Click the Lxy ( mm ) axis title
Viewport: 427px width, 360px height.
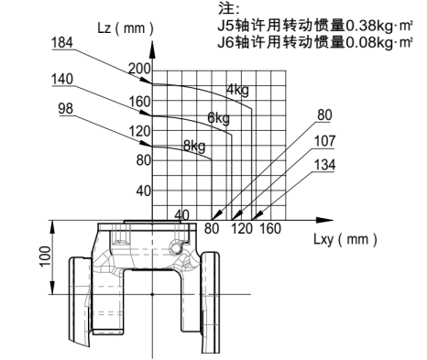pos(345,239)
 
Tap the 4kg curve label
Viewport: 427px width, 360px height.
pos(238,89)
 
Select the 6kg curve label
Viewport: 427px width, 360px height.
pos(218,117)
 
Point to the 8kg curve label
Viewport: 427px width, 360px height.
pos(193,145)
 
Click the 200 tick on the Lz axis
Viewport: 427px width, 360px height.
pos(138,70)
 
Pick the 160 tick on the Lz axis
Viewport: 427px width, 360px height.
pos(138,101)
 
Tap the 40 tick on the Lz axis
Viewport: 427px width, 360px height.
pos(143,191)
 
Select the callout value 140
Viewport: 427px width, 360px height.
pos(62,79)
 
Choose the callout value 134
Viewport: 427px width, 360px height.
pos(325,165)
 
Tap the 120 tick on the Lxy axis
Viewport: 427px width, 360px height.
pos(241,228)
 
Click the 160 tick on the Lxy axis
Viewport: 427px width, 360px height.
pos(270,228)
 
